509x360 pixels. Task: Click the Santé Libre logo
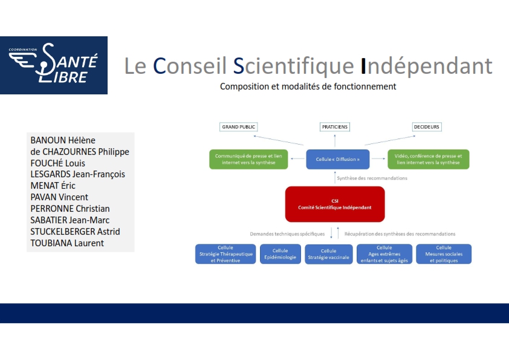pyautogui.click(x=54, y=65)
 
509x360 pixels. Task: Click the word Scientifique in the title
pyautogui.click(x=293, y=66)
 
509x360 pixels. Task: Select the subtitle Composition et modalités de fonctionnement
pyautogui.click(x=308, y=87)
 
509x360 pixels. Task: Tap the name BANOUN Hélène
pyautogui.click(x=63, y=140)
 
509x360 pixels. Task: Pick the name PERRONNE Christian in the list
pyautogui.click(x=70, y=209)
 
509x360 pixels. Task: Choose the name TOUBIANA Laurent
pyautogui.click(x=67, y=243)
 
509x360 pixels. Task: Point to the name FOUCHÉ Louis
pyautogui.click(x=58, y=163)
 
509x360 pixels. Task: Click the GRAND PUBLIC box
pyautogui.click(x=239, y=126)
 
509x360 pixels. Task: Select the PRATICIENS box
pyautogui.click(x=335, y=126)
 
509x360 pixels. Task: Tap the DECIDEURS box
pyautogui.click(x=427, y=126)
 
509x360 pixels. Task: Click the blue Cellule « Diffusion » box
pyautogui.click(x=337, y=159)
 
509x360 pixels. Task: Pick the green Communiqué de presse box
pyautogui.click(x=248, y=159)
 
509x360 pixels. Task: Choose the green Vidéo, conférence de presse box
pyautogui.click(x=428, y=159)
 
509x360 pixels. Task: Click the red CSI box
pyautogui.click(x=335, y=204)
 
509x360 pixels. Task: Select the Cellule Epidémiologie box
pyautogui.click(x=280, y=254)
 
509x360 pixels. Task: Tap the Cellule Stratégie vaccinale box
pyautogui.click(x=328, y=254)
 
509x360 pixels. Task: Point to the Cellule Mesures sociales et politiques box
pyautogui.click(x=444, y=254)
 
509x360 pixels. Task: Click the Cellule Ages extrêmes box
pyautogui.click(x=384, y=254)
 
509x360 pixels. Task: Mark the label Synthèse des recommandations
pyautogui.click(x=372, y=178)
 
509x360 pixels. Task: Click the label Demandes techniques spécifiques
pyautogui.click(x=287, y=234)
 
